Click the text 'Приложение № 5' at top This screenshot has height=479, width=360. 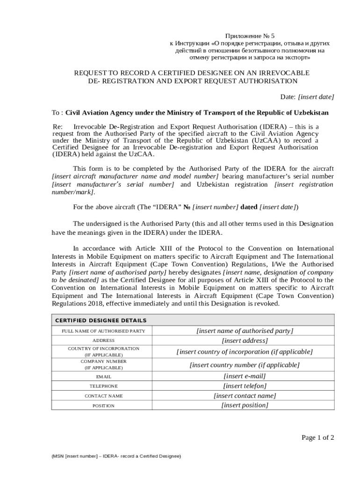250,36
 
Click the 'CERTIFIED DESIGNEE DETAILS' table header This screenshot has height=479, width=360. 101,320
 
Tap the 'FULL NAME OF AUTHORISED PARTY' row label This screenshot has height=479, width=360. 103,331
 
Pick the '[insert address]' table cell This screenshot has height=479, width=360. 245,341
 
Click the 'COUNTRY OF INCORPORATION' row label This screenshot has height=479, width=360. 103,348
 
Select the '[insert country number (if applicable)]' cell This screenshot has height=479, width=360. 245,365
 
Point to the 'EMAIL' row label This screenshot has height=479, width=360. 103,377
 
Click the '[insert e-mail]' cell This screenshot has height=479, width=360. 245,376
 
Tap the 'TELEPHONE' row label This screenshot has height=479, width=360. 103,386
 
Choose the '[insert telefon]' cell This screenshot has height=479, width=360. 245,386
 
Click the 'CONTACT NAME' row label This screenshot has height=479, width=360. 103,396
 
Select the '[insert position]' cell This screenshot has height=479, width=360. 245,405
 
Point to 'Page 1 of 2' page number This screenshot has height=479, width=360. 317,438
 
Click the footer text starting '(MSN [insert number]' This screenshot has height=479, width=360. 116,456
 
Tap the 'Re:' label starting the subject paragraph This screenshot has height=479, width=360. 57,127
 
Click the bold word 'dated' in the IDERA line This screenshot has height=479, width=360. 248,207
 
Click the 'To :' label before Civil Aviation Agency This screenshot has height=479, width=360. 57,113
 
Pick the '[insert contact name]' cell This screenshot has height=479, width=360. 245,396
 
